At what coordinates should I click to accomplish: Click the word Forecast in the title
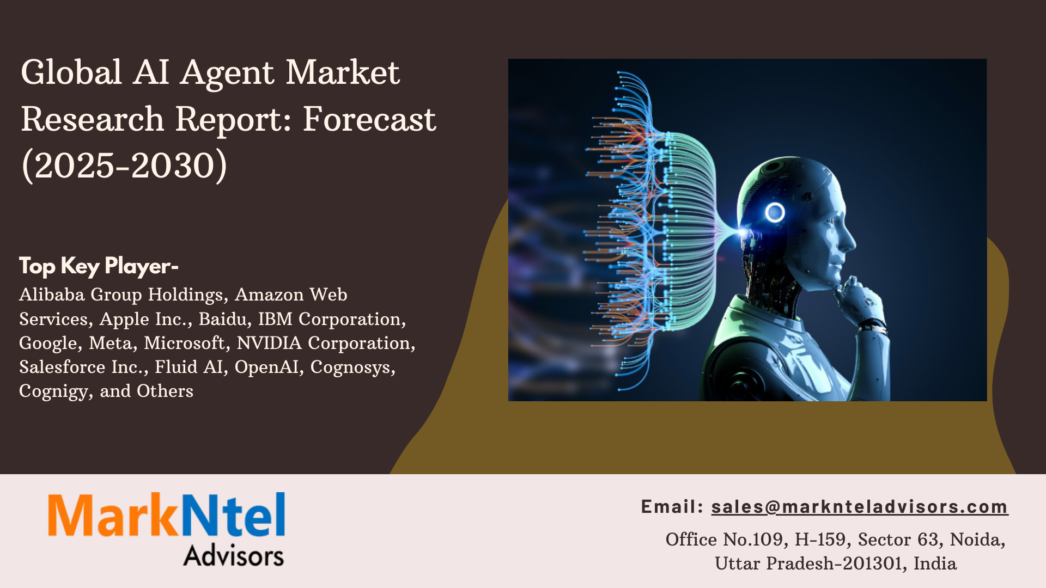(369, 119)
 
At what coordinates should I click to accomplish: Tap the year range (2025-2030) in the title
(124, 166)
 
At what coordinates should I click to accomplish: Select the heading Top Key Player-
(99, 266)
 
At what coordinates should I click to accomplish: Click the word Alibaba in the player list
(52, 295)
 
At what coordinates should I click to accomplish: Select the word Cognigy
(55, 392)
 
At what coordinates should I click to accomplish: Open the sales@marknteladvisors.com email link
(860, 507)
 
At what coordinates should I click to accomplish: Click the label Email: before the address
(672, 507)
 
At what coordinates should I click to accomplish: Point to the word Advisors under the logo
(233, 555)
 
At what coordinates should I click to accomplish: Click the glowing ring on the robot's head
(775, 212)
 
